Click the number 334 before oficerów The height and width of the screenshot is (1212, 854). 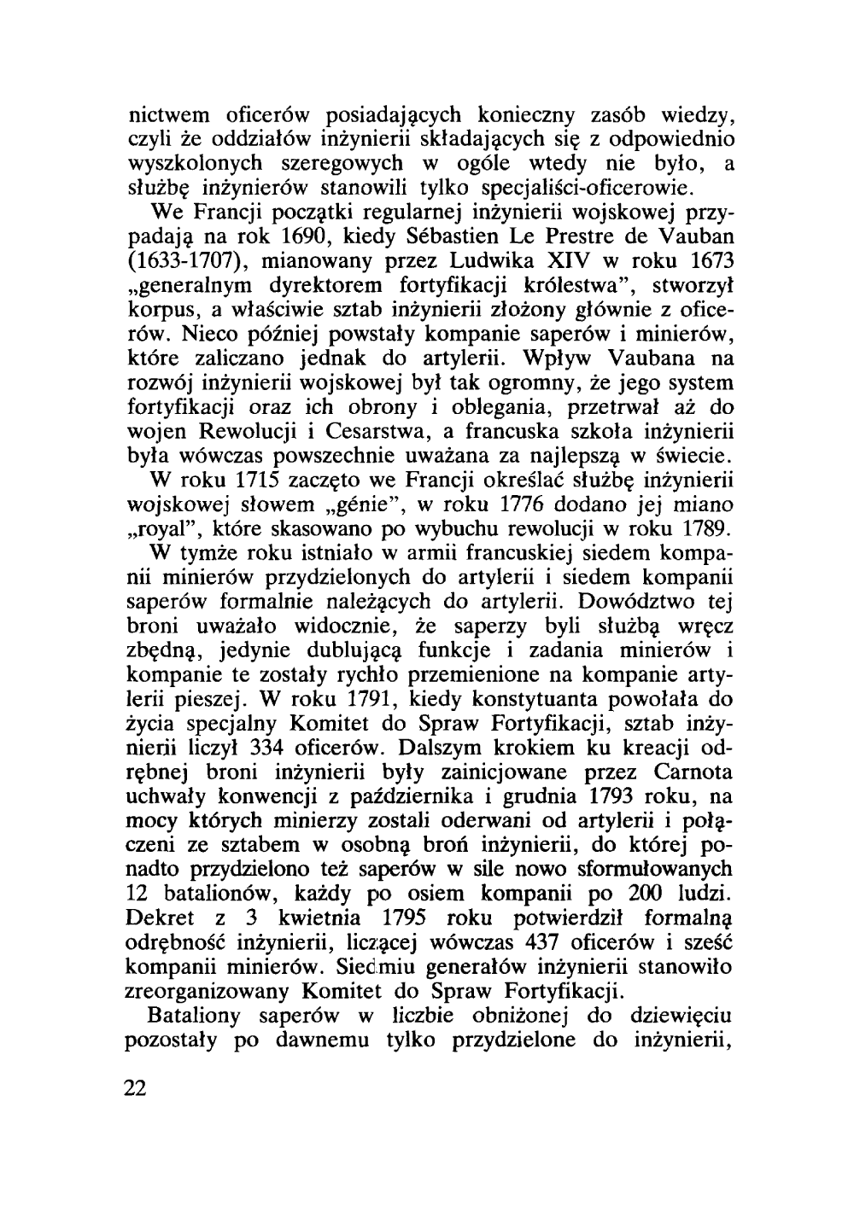265,749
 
